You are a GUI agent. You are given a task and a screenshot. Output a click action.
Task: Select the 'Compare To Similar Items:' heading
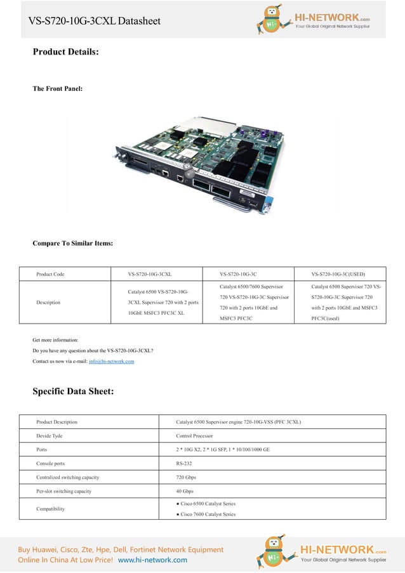[x=73, y=243]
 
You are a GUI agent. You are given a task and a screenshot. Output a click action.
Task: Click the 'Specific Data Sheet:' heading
[x=73, y=391]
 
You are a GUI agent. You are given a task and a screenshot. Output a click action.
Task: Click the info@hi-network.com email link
[x=111, y=361]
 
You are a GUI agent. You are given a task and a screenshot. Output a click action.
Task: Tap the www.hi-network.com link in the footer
[x=152, y=560]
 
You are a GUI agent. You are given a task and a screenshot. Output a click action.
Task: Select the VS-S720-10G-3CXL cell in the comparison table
[x=149, y=274]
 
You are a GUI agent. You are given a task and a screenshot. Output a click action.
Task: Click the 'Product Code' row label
[x=50, y=274]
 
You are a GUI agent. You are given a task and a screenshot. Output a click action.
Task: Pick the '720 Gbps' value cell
[x=187, y=477]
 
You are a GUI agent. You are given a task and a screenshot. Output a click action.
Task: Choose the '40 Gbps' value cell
[x=185, y=491]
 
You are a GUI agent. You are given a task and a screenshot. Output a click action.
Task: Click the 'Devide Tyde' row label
[x=49, y=436]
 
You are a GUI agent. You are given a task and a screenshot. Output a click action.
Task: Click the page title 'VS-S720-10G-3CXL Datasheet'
[x=93, y=21]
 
